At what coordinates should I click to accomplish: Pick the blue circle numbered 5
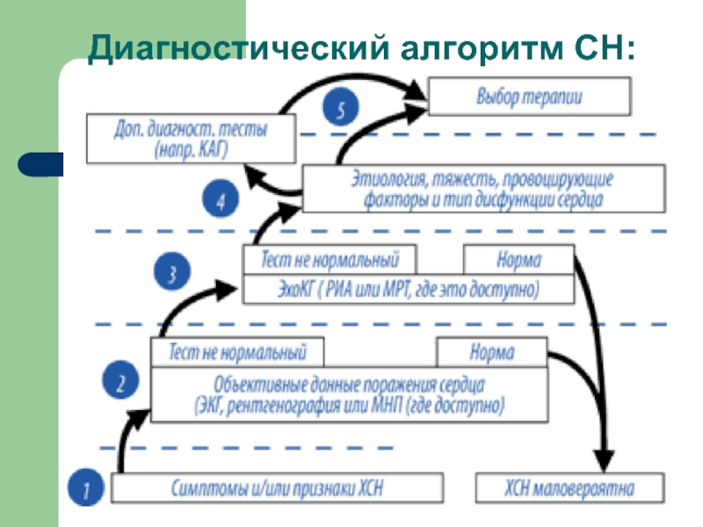click(340, 109)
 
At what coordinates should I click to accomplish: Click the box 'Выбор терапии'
click(529, 96)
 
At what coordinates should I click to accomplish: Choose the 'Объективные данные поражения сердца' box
click(349, 393)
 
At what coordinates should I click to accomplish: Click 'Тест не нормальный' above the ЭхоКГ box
click(330, 260)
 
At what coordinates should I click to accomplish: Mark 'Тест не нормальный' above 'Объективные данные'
click(238, 353)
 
